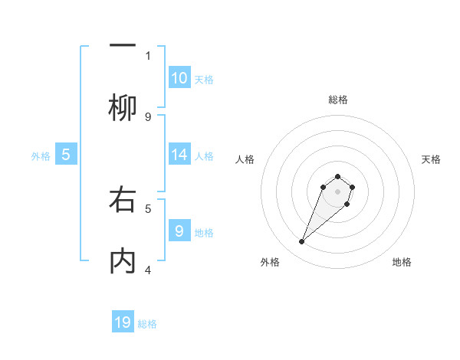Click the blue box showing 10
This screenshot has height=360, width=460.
pyautogui.click(x=179, y=77)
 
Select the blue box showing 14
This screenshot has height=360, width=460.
pyautogui.click(x=179, y=154)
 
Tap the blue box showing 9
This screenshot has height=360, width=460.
pyautogui.click(x=179, y=230)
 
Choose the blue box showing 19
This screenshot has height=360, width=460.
pyautogui.click(x=123, y=322)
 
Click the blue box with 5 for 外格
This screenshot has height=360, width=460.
pyautogui.click(x=66, y=154)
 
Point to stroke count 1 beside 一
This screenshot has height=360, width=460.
pyautogui.click(x=148, y=55)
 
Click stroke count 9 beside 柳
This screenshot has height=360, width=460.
pyautogui.click(x=148, y=116)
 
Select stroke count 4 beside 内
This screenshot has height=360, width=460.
pyautogui.click(x=148, y=270)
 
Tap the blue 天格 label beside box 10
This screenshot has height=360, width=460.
pyautogui.click(x=204, y=79)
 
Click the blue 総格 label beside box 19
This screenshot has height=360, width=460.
pyautogui.click(x=147, y=324)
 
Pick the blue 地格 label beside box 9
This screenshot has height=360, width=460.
pyautogui.click(x=204, y=232)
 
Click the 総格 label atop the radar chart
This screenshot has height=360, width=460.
pyautogui.click(x=337, y=100)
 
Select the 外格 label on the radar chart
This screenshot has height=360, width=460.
pyautogui.click(x=270, y=262)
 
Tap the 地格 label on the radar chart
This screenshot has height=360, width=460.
pyautogui.click(x=402, y=262)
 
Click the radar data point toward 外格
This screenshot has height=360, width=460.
pyautogui.click(x=302, y=242)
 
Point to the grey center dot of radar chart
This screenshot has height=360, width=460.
pyautogui.click(x=337, y=191)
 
